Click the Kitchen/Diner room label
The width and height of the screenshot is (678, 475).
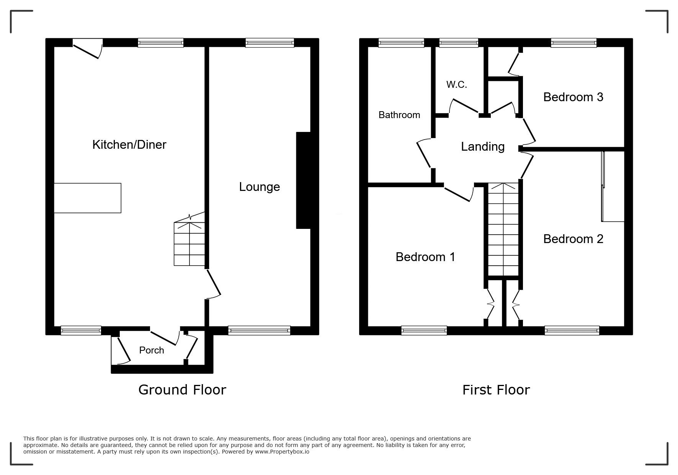tap(129, 145)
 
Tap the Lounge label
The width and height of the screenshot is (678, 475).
tap(260, 187)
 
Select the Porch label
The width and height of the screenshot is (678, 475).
tap(152, 350)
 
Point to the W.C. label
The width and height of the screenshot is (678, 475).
tap(457, 85)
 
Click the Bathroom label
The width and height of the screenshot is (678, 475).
tap(399, 115)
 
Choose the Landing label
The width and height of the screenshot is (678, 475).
tap(483, 146)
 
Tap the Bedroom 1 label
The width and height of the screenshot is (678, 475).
tap(425, 257)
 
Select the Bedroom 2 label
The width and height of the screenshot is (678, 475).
tap(573, 239)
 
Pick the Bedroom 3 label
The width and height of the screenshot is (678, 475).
tap(573, 97)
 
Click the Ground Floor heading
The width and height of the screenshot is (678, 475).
tap(182, 390)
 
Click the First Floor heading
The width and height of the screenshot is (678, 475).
tap(496, 390)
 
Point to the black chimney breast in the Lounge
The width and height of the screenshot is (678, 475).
tap(303, 181)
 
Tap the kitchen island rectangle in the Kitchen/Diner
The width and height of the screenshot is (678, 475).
tap(88, 198)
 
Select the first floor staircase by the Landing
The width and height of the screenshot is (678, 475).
tap(503, 229)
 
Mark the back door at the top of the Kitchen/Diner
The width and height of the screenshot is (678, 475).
tap(88, 49)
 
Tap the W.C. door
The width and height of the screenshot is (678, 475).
tap(464, 106)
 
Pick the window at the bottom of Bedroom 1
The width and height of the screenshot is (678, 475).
tap(424, 330)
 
